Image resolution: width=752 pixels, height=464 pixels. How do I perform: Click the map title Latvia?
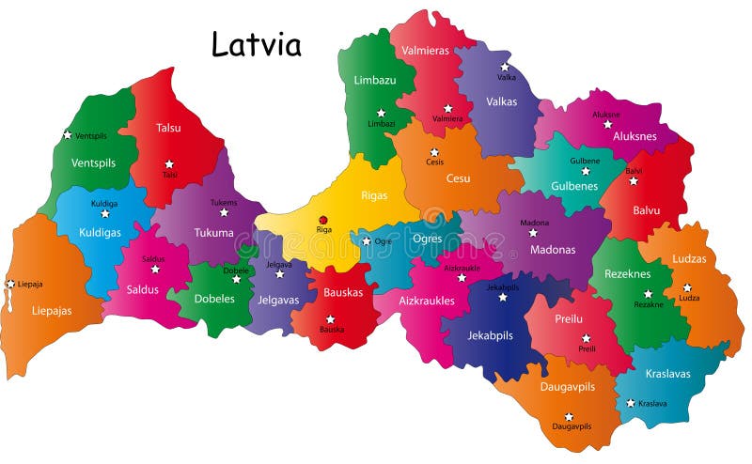(x=256, y=44)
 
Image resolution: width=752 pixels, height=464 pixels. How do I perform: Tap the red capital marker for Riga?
(x=324, y=219)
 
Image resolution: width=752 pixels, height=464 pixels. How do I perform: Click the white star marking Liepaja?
(x=10, y=284)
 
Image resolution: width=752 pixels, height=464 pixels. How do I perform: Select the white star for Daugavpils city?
(x=569, y=416)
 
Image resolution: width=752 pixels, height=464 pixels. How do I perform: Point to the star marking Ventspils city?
(x=67, y=134)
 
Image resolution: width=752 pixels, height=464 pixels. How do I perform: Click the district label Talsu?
(x=168, y=128)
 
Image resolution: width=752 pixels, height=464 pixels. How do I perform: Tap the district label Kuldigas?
(x=100, y=232)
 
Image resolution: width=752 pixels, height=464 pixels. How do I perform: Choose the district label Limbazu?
(x=375, y=81)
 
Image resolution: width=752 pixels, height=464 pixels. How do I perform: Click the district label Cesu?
(x=458, y=178)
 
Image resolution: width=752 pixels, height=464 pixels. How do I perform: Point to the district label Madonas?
(x=552, y=249)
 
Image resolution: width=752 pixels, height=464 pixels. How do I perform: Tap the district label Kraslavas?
(x=667, y=373)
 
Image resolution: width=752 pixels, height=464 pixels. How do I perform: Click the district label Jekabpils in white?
(x=491, y=334)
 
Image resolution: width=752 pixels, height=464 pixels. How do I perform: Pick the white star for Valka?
(x=505, y=67)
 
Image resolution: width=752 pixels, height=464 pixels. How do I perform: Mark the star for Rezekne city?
(x=648, y=293)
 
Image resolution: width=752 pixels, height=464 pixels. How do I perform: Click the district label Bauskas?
(x=343, y=292)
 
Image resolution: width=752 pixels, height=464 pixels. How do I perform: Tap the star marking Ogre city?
(x=367, y=241)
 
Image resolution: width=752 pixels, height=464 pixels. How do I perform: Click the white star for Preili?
(x=586, y=337)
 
